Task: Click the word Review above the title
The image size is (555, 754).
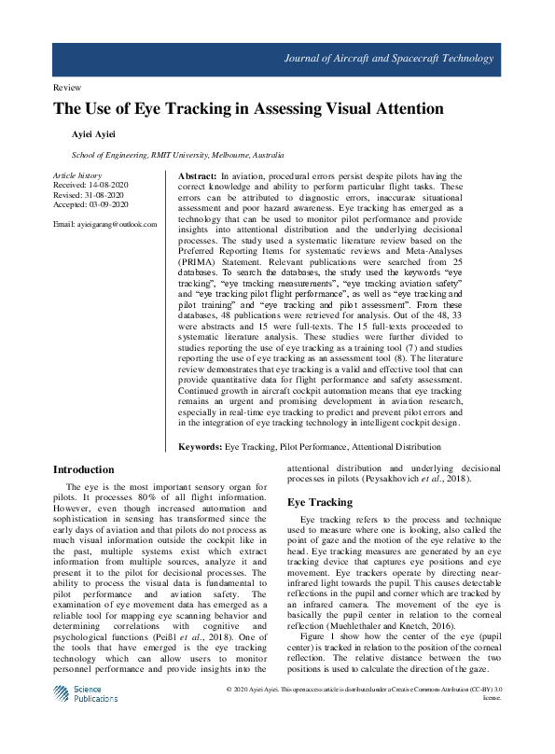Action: tap(69, 87)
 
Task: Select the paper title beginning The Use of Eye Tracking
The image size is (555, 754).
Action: tap(248, 110)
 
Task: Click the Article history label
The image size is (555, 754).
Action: tap(77, 175)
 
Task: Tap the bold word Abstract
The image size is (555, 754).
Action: tap(197, 176)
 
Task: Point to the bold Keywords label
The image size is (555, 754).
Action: tap(201, 447)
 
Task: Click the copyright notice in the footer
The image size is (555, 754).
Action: tap(364, 715)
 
